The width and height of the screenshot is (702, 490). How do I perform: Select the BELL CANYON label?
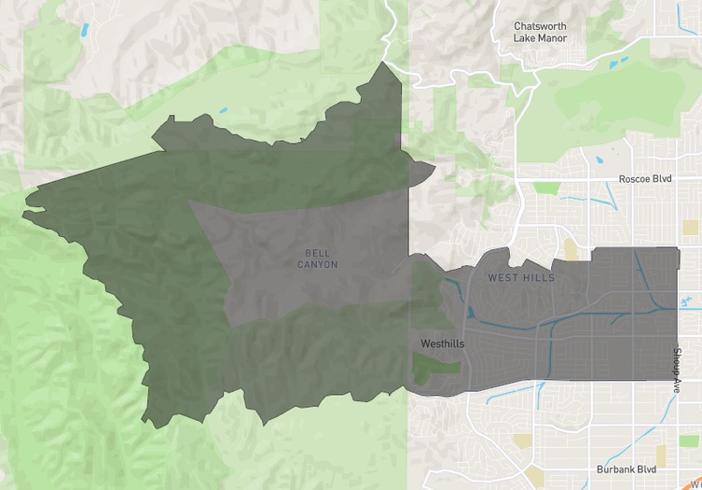tap(318, 259)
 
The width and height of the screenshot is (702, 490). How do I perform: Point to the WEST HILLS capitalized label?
tap(521, 278)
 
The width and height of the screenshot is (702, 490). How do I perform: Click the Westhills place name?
tap(442, 344)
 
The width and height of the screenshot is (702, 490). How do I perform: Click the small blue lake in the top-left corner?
tap(86, 30)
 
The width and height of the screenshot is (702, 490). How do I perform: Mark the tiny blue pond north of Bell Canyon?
tap(224, 114)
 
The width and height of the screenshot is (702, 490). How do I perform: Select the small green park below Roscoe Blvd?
tap(546, 188)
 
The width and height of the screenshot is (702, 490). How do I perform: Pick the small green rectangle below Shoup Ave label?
tap(689, 440)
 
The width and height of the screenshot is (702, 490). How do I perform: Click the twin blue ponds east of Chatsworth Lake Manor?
tap(617, 63)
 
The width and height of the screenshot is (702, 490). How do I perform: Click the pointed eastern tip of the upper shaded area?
tap(434, 168)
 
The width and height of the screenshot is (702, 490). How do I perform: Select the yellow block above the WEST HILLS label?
tap(570, 248)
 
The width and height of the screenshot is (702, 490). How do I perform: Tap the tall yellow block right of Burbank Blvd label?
tap(661, 455)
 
